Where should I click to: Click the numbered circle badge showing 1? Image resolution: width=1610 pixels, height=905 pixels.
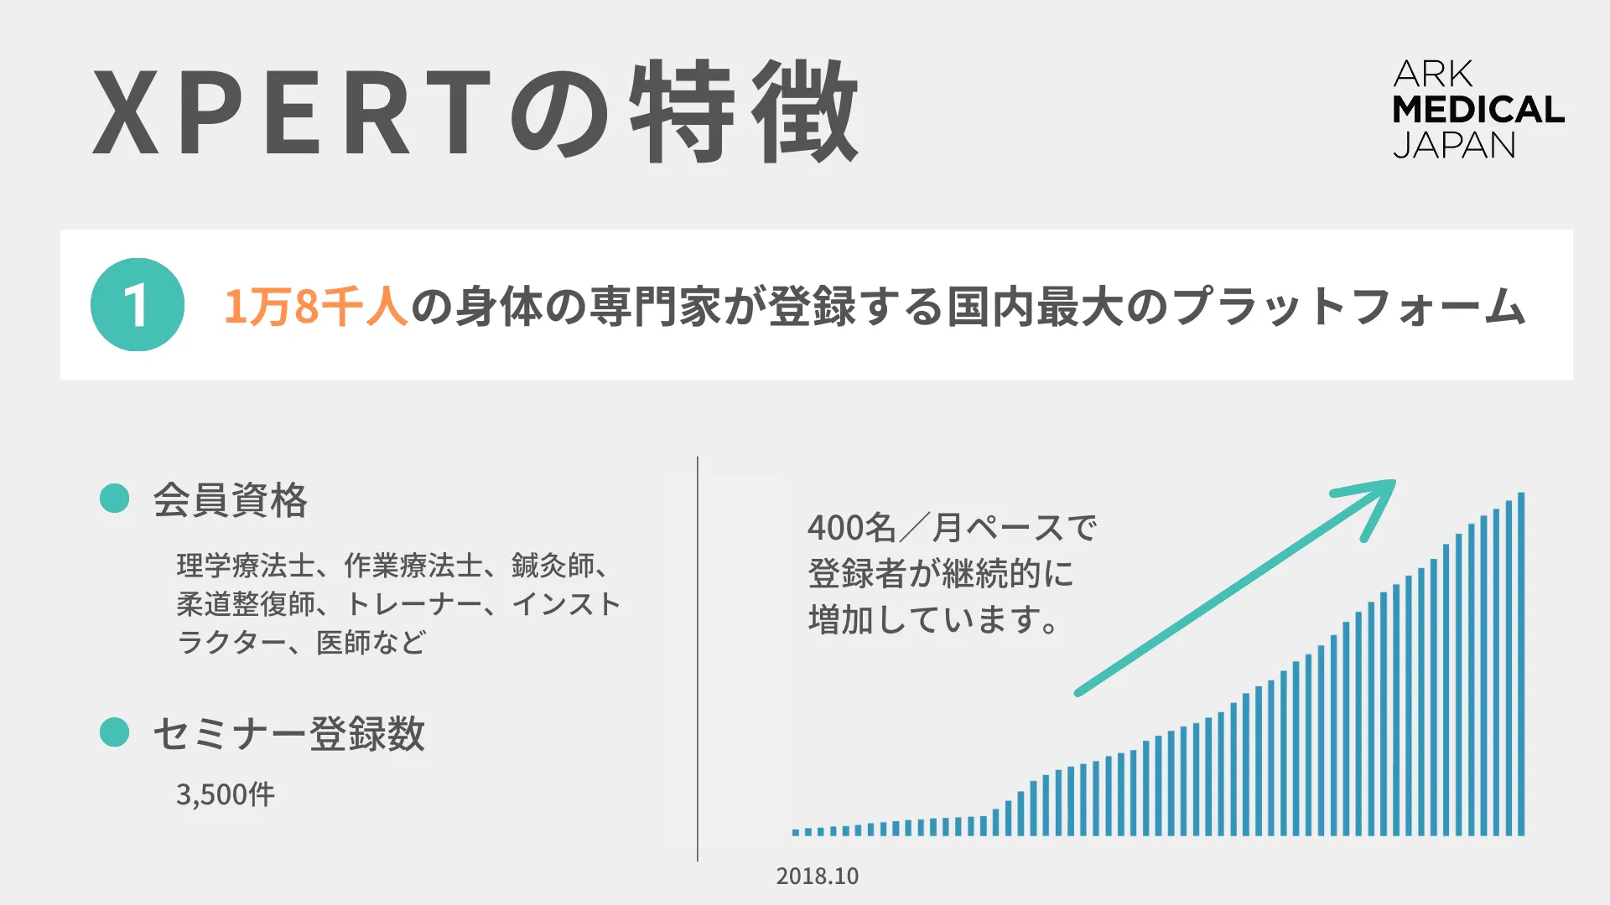(x=138, y=304)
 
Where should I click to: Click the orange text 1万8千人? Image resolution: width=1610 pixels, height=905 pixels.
(x=315, y=306)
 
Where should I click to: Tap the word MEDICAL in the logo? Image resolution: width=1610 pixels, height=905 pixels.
(x=1478, y=110)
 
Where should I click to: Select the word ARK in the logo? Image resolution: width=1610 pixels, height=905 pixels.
(x=1432, y=74)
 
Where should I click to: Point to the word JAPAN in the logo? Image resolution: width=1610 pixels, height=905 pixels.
(x=1455, y=146)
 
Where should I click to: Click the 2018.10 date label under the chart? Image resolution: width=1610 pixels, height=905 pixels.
(x=817, y=876)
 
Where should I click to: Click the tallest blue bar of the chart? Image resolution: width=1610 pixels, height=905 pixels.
(x=1521, y=664)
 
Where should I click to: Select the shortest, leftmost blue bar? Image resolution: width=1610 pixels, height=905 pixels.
(x=796, y=832)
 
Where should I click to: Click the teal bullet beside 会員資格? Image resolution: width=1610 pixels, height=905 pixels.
(x=114, y=498)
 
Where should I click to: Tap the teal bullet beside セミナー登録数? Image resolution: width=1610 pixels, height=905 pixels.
(x=114, y=732)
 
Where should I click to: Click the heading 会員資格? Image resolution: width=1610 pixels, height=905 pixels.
(x=230, y=500)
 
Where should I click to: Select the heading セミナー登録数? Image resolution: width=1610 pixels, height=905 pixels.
(x=288, y=734)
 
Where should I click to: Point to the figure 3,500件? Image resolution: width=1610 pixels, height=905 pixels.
(x=225, y=794)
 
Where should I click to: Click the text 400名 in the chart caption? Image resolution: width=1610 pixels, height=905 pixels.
(x=852, y=528)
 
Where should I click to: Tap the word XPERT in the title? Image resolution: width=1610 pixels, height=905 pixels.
(x=292, y=112)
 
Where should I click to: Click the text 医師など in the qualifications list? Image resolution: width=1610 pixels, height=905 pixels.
(x=371, y=643)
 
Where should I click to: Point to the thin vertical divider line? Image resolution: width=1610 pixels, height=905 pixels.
(x=698, y=659)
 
